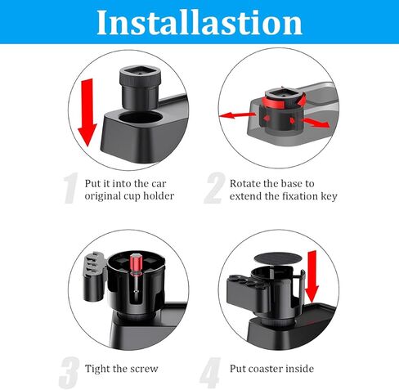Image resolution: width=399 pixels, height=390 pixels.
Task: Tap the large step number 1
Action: (x=72, y=190)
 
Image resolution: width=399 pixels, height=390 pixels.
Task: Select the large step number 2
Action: (x=214, y=190)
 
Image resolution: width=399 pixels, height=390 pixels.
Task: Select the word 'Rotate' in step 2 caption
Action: (x=247, y=183)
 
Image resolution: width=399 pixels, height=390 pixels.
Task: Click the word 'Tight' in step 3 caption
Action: (x=100, y=368)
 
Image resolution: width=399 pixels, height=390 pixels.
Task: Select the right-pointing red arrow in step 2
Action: (x=317, y=123)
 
